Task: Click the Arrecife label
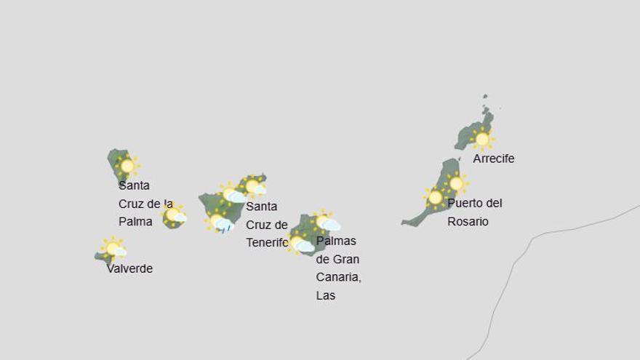493,159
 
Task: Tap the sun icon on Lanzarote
481,138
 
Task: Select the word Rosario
468,222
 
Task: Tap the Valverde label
129,268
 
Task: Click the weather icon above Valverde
113,249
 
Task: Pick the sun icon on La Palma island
127,166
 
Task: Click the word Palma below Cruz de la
135,222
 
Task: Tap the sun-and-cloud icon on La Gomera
174,215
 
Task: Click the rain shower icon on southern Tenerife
220,222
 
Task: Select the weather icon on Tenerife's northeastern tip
254,187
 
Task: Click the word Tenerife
267,243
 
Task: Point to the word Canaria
338,277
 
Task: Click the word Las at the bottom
326,296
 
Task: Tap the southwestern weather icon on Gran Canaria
300,244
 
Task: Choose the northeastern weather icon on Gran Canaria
325,222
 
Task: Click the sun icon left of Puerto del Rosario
436,197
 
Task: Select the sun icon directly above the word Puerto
457,183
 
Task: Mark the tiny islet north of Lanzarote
485,96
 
